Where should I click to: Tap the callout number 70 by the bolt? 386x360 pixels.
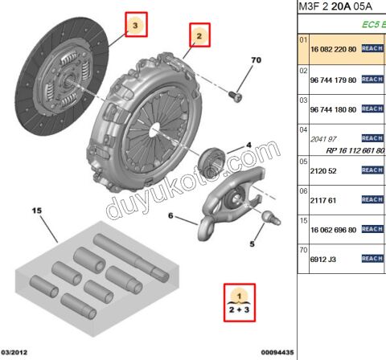click(257, 61)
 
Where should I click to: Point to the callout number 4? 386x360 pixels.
click(248, 145)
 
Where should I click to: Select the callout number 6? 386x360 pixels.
click(170, 216)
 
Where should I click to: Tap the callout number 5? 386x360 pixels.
click(250, 244)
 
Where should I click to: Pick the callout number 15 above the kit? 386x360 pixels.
click(35, 211)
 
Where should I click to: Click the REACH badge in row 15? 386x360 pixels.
click(372, 229)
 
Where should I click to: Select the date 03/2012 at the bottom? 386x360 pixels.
click(16, 352)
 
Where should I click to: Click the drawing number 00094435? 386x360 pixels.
click(277, 352)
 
